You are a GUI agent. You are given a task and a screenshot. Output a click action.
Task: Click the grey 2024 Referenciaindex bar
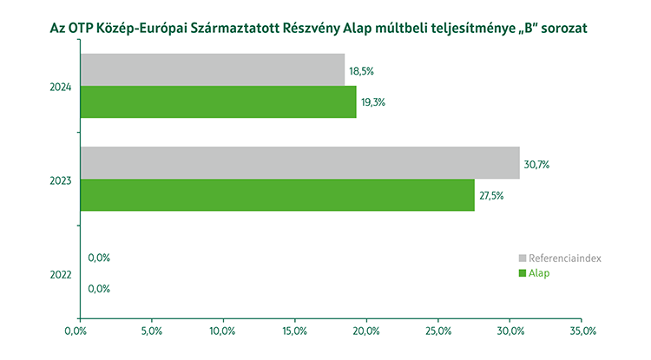pyautogui.click(x=212, y=70)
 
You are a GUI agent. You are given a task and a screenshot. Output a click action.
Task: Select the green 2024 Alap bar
pyautogui.click(x=218, y=102)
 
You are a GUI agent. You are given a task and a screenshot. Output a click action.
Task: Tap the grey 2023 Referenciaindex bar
pyautogui.click(x=299, y=163)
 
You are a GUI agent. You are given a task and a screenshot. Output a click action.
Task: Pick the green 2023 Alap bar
pyautogui.click(x=277, y=195)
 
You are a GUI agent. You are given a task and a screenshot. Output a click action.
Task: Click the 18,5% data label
pyautogui.click(x=361, y=70)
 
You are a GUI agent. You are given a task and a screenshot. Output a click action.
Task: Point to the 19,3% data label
pyautogui.click(x=373, y=102)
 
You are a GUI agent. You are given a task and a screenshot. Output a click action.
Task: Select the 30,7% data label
pyautogui.click(x=537, y=163)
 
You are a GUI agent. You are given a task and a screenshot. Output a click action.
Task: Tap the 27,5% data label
pyautogui.click(x=491, y=195)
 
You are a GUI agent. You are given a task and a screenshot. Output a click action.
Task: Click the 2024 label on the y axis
pyautogui.click(x=61, y=87)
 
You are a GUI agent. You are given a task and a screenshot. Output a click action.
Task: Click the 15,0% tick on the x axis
pyautogui.click(x=294, y=331)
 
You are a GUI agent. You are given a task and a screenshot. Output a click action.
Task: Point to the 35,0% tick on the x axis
pyautogui.click(x=583, y=331)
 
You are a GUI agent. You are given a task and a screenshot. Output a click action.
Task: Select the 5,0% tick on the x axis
pyautogui.click(x=151, y=331)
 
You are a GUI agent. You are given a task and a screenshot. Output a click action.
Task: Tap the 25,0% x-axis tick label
pyautogui.click(x=438, y=331)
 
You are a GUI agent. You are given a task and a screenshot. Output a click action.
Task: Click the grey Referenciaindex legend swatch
pyautogui.click(x=522, y=259)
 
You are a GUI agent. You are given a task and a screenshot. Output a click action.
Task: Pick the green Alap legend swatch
pyautogui.click(x=522, y=273)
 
